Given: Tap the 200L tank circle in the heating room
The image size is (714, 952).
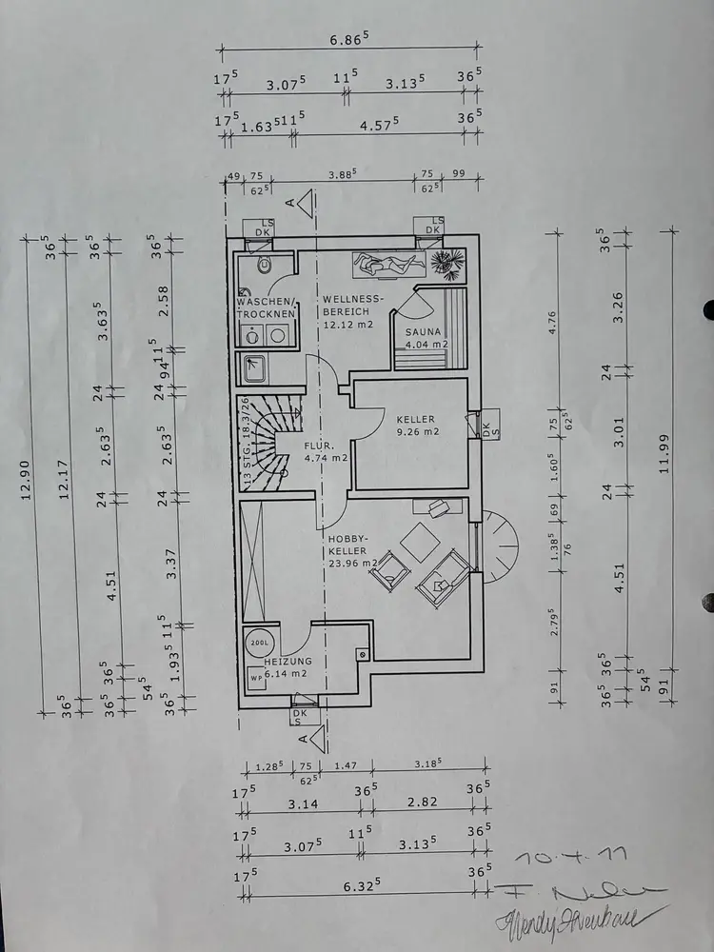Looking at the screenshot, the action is [x=258, y=644].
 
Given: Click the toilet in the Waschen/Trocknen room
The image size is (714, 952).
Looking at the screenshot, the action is [x=268, y=266].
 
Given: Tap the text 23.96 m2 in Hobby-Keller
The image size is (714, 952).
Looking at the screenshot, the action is [x=352, y=562].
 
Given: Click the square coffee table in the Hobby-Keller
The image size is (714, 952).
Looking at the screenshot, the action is [x=416, y=544].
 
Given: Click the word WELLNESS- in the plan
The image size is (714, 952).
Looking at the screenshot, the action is [x=353, y=299].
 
